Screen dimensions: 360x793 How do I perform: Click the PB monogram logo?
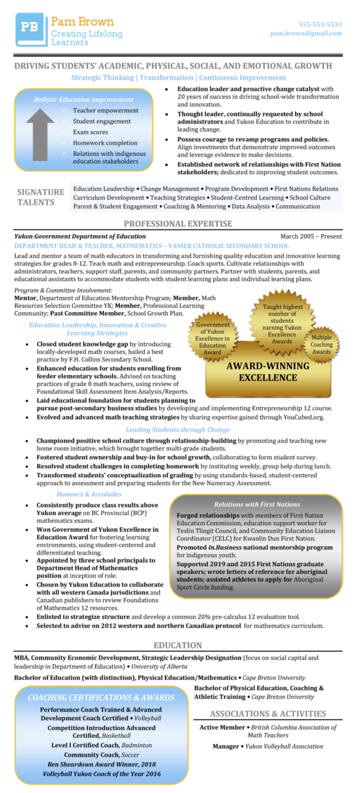pos(30,28)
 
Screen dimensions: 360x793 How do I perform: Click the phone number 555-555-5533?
pos(320,25)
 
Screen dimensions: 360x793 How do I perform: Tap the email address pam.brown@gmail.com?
pos(306,34)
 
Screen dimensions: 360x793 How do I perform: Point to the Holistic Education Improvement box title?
pos(83,99)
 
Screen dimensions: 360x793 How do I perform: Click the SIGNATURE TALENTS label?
pos(41,197)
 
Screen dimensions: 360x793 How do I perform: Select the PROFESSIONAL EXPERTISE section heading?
pos(178,224)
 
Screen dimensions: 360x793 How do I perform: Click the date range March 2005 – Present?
pos(311,237)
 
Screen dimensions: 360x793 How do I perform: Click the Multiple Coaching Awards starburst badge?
pos(321,345)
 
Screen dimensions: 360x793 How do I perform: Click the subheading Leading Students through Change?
pos(169,429)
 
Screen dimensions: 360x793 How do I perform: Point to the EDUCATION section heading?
pos(178,645)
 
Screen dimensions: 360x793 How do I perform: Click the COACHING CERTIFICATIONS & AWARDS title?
pos(101,698)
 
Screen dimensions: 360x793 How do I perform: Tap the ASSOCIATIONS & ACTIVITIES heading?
pos(268,714)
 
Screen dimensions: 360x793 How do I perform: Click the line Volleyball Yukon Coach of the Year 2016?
pos(101,774)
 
